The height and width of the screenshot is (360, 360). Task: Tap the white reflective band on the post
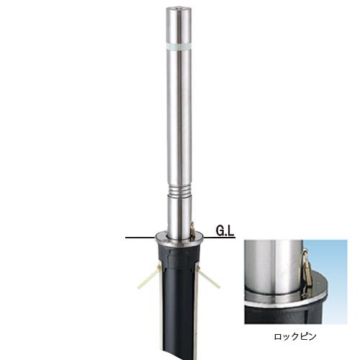coord(179,46)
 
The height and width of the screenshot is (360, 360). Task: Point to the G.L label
coord(225,231)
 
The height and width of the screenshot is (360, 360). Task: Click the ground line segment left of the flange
coord(140,238)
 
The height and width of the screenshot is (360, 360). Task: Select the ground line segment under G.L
coord(220,238)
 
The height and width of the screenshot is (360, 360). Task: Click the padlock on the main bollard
coord(192,231)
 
